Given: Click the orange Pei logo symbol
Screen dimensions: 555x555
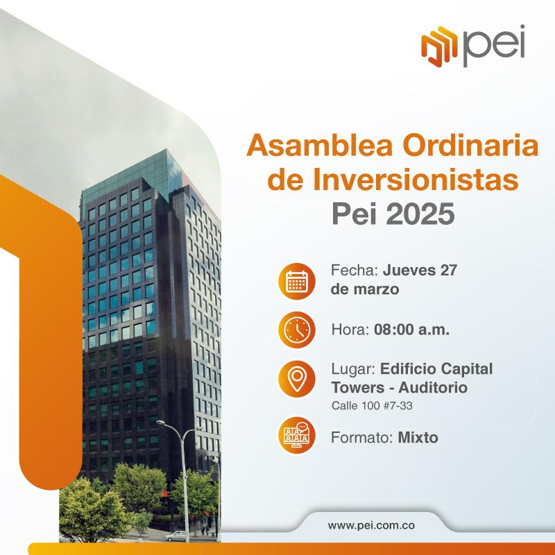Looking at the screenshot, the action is [x=439, y=46].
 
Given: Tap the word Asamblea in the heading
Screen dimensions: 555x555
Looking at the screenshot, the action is [x=320, y=146].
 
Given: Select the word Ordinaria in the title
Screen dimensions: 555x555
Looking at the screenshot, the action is [x=471, y=146].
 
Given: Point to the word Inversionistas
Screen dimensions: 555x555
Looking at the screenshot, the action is [x=415, y=180].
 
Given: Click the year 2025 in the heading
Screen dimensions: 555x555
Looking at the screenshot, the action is [x=420, y=214].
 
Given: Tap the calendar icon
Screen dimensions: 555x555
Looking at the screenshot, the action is [x=297, y=282].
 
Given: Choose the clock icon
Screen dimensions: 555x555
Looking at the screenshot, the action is [x=297, y=330].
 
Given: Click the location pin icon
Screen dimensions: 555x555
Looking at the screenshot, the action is [x=297, y=379].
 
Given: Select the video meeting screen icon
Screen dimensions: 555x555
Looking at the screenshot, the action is [x=297, y=436].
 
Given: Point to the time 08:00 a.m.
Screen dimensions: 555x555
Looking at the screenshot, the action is [x=411, y=330].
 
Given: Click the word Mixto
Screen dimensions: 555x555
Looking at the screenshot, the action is [x=418, y=438].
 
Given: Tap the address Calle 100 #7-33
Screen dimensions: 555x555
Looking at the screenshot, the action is [x=372, y=406].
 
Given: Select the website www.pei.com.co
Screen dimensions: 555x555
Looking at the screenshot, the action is [x=371, y=525].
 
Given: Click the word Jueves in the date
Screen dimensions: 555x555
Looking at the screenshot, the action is [x=409, y=271].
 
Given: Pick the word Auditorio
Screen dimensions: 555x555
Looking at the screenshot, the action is [x=433, y=388].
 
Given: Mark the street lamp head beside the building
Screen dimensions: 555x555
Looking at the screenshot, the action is [x=160, y=422].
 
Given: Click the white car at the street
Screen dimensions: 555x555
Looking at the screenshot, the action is [x=177, y=536].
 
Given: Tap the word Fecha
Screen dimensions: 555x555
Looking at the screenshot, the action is [x=355, y=271].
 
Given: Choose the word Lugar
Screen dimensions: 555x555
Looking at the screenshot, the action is [x=353, y=369].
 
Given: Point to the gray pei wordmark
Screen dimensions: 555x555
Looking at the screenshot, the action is [x=494, y=46].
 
